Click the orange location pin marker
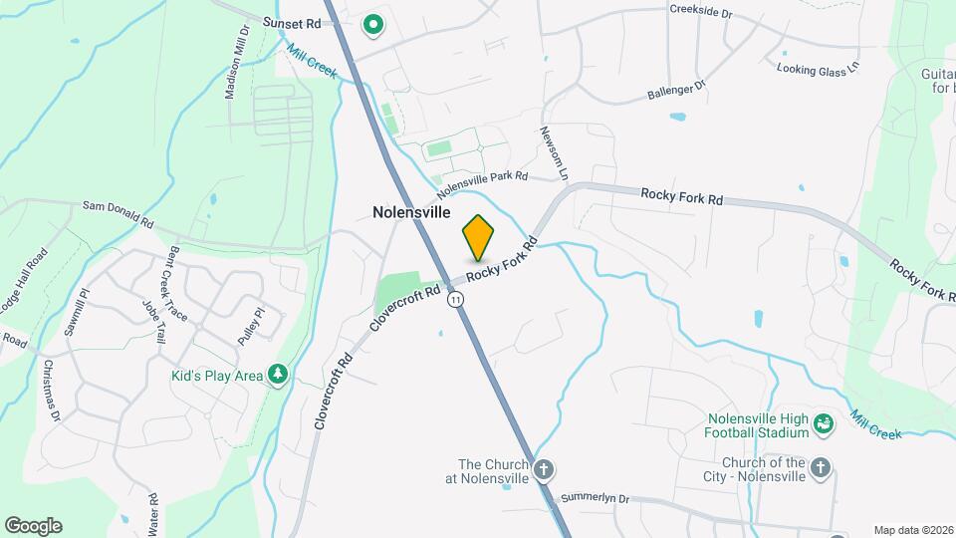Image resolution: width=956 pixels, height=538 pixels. point(478,237)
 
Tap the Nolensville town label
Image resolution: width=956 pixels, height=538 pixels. point(411,212)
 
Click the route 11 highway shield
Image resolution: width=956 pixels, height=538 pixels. point(456,299)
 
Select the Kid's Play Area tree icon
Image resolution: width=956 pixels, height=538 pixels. point(280,375)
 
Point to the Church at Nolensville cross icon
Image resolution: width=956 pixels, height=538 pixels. point(543,469)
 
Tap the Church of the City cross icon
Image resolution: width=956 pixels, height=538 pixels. point(820,467)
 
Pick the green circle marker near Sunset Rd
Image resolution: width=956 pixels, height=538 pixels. point(373,24)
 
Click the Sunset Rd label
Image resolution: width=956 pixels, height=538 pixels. point(292,22)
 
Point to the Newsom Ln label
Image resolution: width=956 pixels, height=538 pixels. point(554,152)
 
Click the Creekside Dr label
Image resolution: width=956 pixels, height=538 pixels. point(700,15)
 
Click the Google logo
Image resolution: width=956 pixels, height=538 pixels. point(33,526)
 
